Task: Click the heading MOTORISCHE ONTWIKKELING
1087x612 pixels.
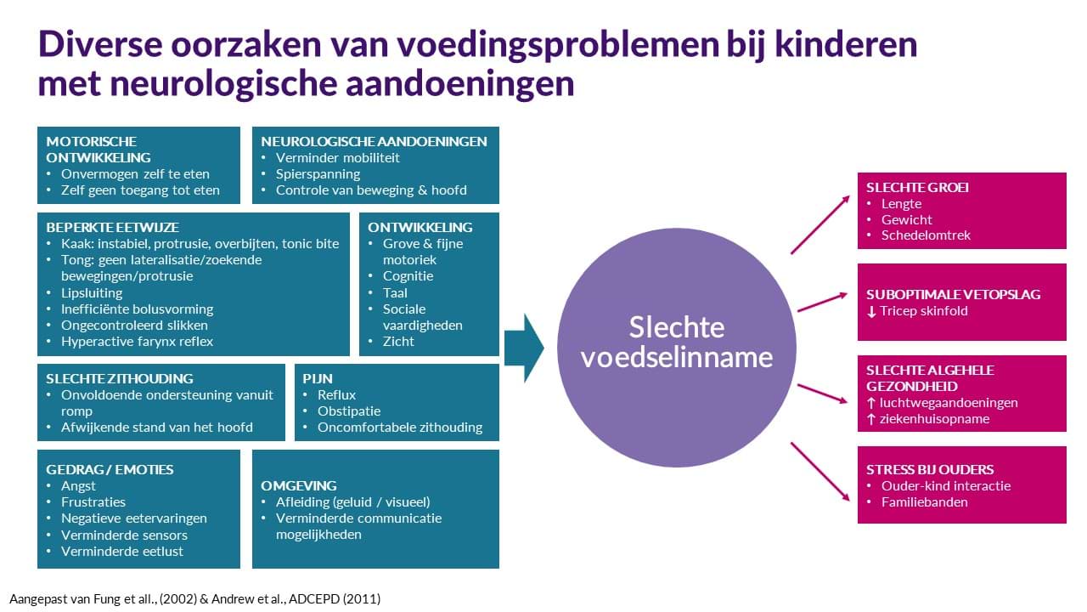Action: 99,150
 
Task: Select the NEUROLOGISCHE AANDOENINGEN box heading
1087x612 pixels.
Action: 374,141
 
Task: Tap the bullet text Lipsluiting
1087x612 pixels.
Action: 92,293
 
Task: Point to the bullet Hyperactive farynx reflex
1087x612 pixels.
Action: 137,342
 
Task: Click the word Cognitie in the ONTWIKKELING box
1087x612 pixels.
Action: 408,276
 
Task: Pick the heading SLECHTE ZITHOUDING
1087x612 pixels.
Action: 120,378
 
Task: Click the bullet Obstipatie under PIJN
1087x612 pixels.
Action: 349,411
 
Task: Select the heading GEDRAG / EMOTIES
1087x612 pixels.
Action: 110,470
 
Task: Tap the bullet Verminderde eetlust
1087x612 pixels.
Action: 121,552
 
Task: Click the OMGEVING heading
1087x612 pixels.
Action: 298,485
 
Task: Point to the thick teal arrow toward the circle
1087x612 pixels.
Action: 524,348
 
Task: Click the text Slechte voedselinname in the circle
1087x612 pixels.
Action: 677,342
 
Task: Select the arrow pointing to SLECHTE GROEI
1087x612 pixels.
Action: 820,225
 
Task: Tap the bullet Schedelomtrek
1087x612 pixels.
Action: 926,235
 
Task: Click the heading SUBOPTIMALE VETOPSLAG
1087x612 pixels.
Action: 953,294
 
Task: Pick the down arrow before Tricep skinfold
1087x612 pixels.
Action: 871,311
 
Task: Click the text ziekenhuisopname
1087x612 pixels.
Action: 934,419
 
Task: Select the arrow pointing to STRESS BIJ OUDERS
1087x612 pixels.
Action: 820,472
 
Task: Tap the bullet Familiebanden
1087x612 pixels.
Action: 925,502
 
